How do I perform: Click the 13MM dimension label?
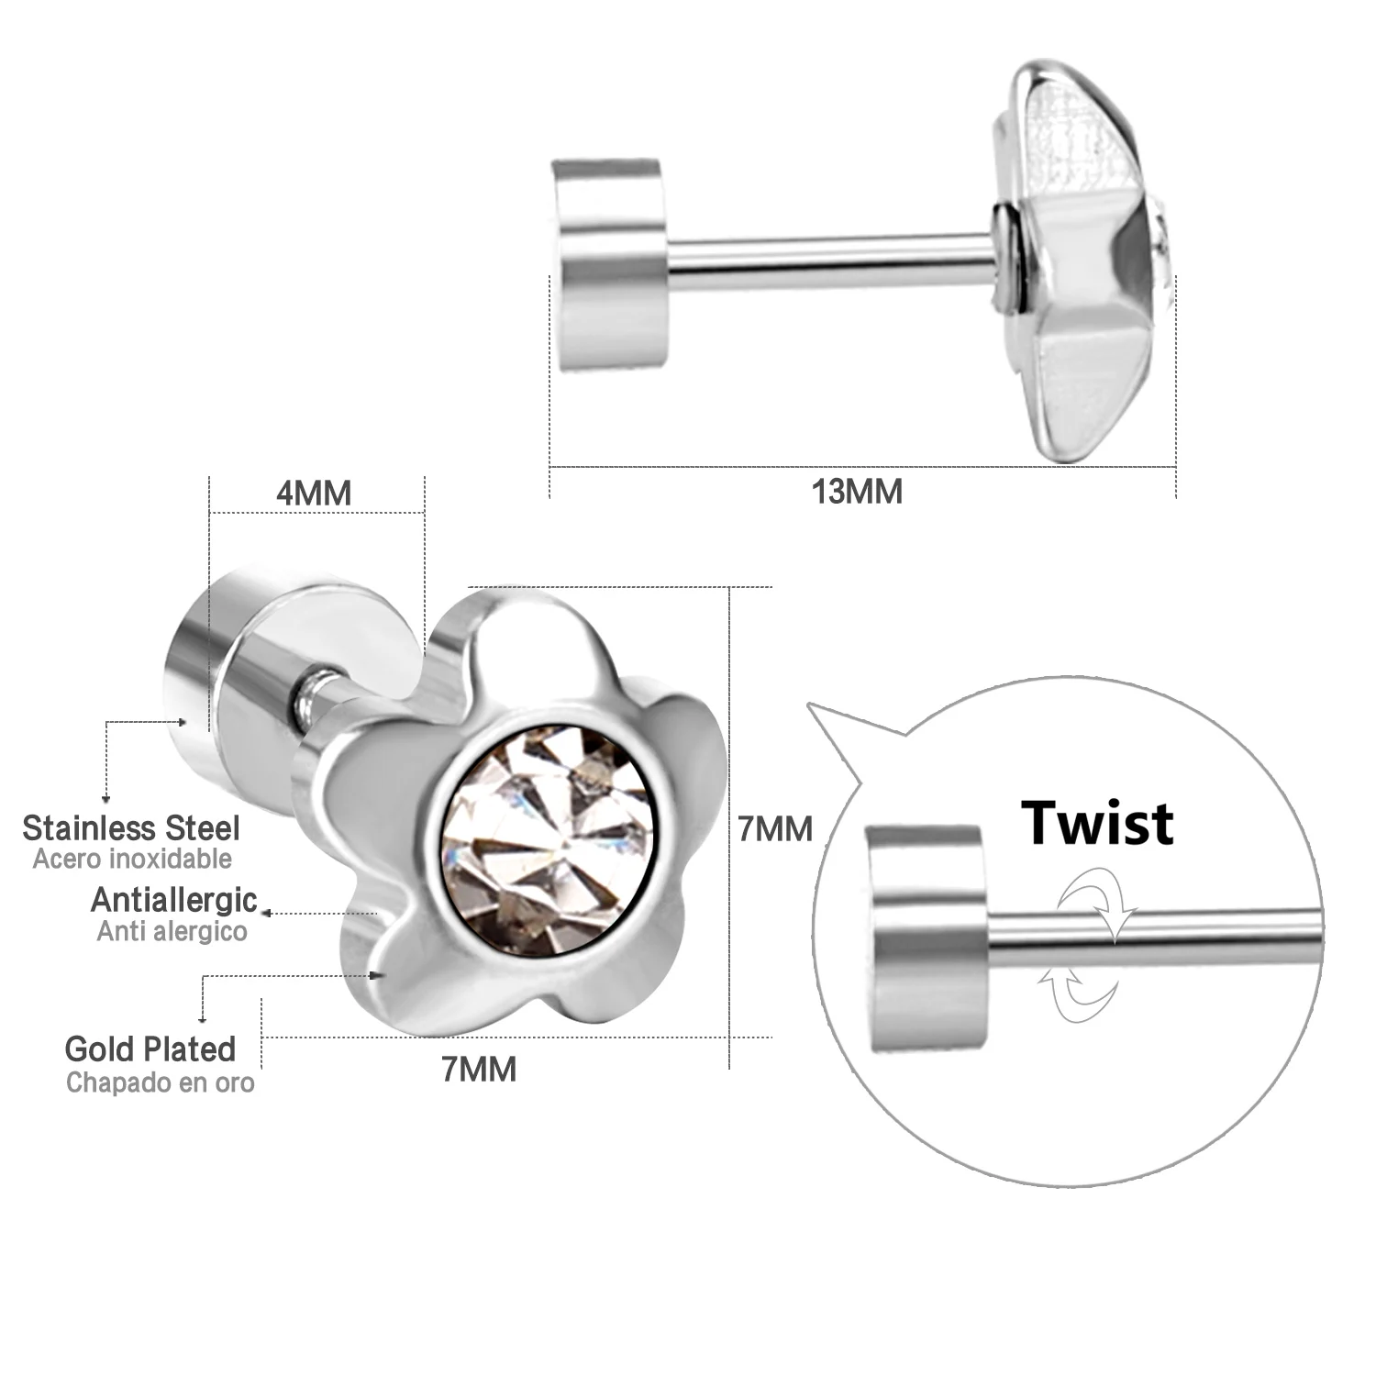(857, 492)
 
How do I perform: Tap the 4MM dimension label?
(314, 494)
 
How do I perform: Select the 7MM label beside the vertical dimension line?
(775, 829)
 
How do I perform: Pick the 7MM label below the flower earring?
(479, 1069)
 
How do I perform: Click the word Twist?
(1097, 823)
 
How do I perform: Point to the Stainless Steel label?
(131, 827)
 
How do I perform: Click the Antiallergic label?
(173, 900)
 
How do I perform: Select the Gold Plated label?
(150, 1049)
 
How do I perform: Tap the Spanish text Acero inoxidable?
(132, 860)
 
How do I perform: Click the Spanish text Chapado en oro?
(160, 1082)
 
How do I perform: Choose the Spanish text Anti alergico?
(172, 931)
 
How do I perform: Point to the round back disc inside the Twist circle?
(926, 938)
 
